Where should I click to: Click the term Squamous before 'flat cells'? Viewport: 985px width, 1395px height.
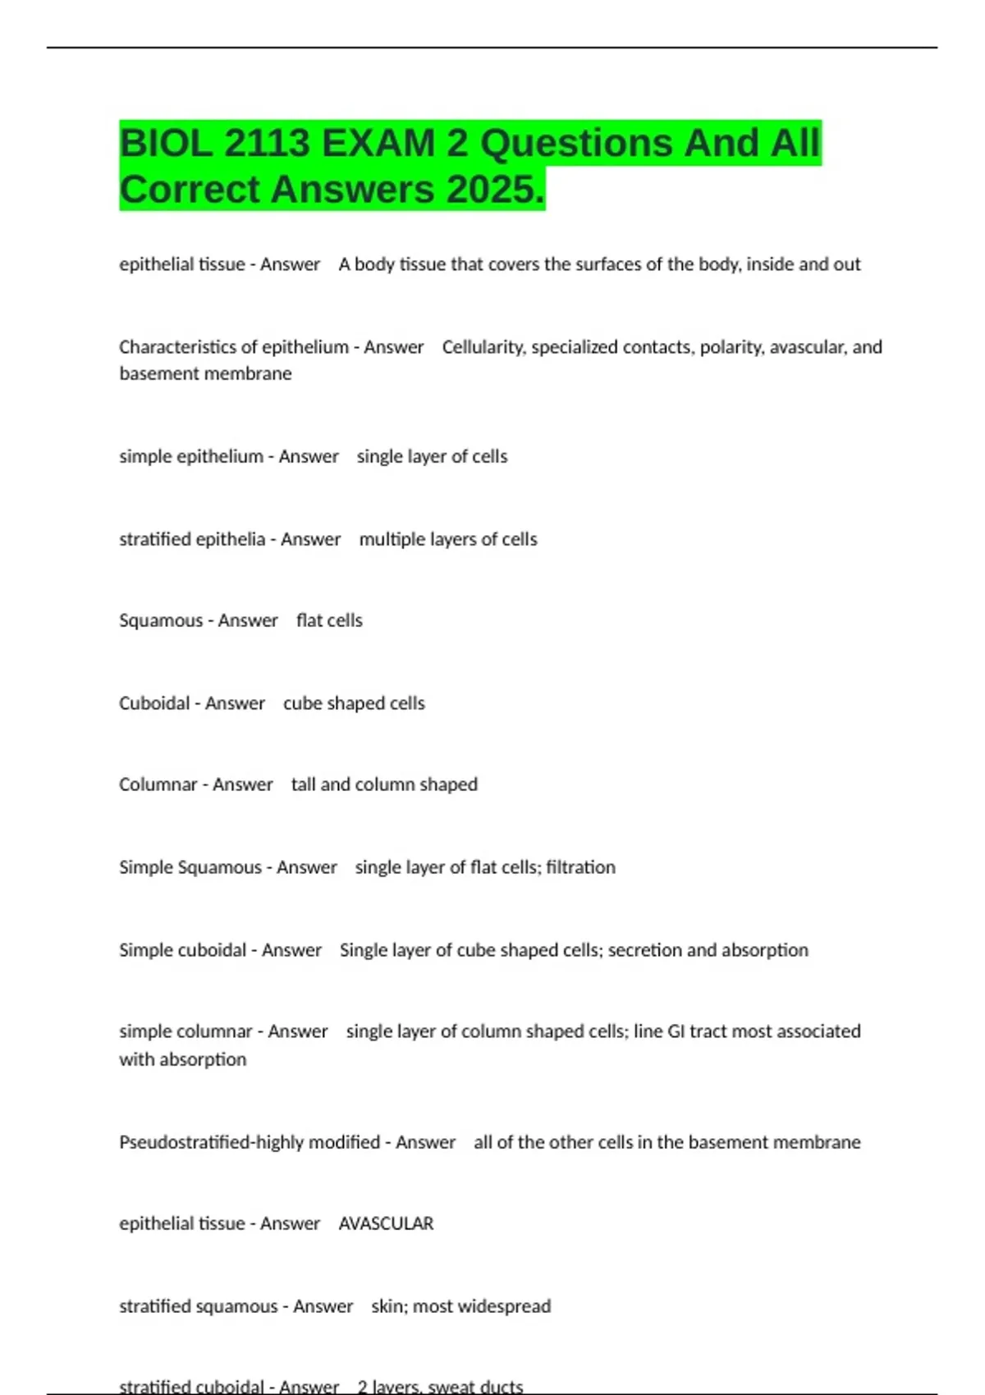coord(161,620)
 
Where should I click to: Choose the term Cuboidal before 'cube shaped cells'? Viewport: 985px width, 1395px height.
coord(154,703)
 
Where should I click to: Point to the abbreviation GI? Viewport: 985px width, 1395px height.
coord(676,1031)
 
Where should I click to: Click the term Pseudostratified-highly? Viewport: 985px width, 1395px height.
coord(227,1142)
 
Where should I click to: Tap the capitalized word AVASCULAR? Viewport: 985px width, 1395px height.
coord(386,1223)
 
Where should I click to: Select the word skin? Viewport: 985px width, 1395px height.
coord(388,1306)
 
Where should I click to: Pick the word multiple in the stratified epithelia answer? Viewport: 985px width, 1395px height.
coord(387,539)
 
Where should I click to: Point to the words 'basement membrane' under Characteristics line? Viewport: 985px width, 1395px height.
coord(205,373)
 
